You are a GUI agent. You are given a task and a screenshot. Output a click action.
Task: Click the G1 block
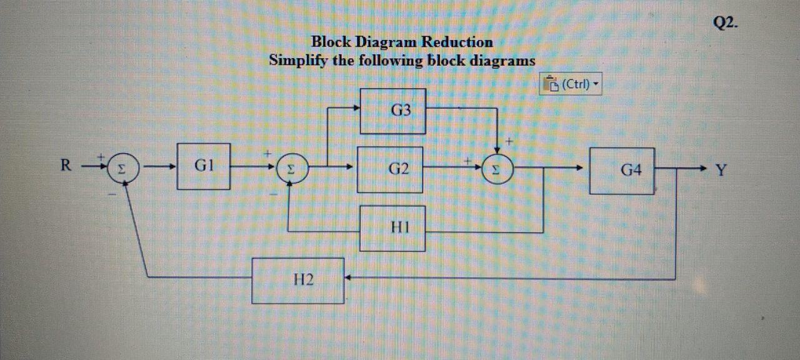pyautogui.click(x=203, y=166)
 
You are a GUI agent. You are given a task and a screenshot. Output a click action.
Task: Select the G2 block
pyautogui.click(x=390, y=169)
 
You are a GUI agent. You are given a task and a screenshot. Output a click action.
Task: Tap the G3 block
pyautogui.click(x=393, y=111)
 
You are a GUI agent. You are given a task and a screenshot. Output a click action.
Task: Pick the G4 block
pyautogui.click(x=622, y=171)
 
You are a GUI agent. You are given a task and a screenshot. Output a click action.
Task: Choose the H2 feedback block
pyautogui.click(x=298, y=281)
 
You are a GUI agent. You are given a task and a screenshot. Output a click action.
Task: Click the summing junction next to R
pyautogui.click(x=124, y=169)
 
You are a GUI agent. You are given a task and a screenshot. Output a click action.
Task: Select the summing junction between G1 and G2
pyautogui.click(x=291, y=169)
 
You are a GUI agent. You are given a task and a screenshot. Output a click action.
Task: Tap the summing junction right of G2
pyautogui.click(x=497, y=169)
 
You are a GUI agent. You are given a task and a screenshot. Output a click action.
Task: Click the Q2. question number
pyautogui.click(x=725, y=24)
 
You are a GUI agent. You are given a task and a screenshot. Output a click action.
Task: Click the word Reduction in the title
pyautogui.click(x=456, y=42)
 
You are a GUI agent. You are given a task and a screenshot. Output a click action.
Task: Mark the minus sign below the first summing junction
pyautogui.click(x=112, y=194)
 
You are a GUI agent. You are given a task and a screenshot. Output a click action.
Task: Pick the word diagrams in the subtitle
pyautogui.click(x=504, y=61)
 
